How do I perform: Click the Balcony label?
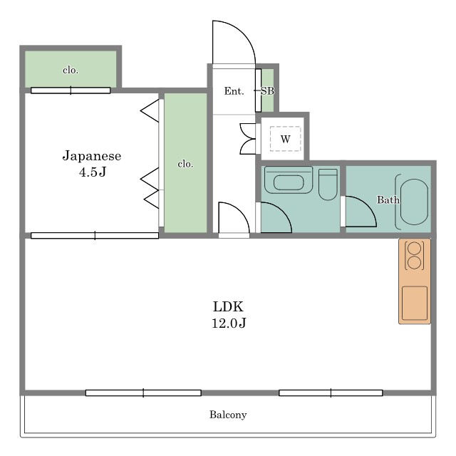click(228, 415)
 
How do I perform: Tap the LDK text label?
click(228, 306)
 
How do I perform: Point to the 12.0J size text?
click(229, 323)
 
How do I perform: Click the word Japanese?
click(92, 156)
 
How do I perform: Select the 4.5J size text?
click(93, 172)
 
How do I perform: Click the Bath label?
click(388, 199)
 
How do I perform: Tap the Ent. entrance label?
click(234, 91)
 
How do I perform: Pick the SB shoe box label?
click(267, 91)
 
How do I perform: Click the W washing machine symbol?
click(285, 139)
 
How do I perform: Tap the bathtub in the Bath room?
click(414, 202)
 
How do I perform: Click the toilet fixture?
click(328, 185)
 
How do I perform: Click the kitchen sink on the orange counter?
click(415, 303)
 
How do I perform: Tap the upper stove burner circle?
click(415, 249)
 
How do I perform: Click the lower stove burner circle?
click(415, 263)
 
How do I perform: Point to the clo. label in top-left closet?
click(71, 70)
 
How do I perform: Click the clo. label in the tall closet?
click(185, 164)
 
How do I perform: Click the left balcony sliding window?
click(143, 393)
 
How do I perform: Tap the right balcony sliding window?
click(331, 393)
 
